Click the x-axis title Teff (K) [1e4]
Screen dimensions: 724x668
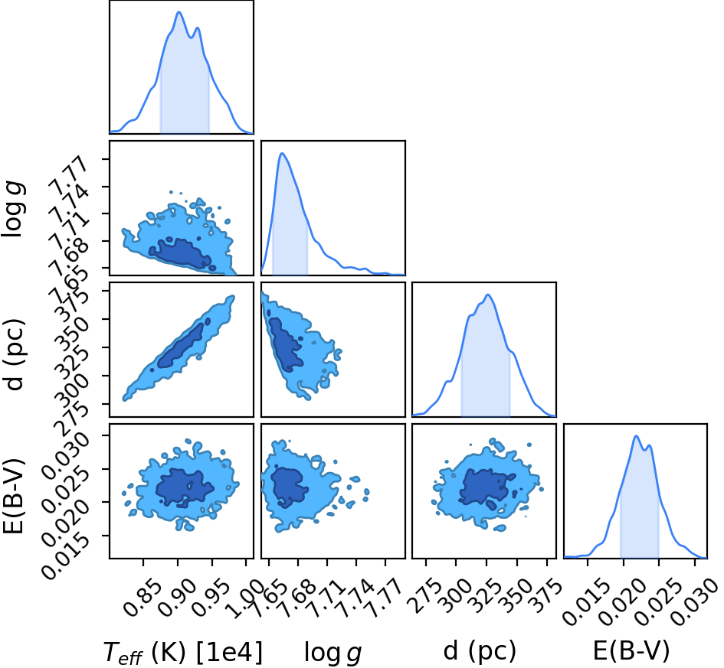pos(183,653)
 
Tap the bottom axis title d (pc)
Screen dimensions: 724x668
pos(480,651)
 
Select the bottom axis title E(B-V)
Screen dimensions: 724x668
pos(631,651)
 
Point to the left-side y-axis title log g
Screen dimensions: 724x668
pos(13,210)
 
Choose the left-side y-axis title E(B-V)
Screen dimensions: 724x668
pos(13,496)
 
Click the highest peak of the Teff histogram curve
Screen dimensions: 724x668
pos(179,12)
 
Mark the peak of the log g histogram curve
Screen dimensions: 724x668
pos(282,154)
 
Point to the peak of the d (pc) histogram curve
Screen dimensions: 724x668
pos(487,295)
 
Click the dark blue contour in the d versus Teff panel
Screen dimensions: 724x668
pos(180,345)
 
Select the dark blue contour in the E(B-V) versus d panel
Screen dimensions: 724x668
pos(485,487)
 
